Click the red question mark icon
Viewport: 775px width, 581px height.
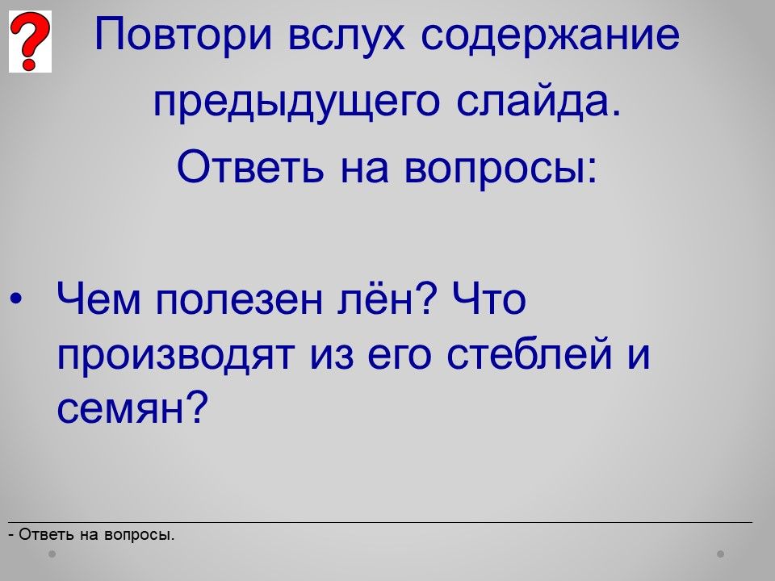(30, 42)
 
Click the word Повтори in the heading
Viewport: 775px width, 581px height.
(183, 35)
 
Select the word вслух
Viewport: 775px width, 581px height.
(346, 35)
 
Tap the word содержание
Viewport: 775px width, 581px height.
(550, 35)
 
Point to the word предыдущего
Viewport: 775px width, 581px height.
(296, 102)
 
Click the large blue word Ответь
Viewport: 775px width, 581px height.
(250, 166)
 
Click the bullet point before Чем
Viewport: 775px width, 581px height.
(16, 299)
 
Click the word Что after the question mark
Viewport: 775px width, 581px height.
(489, 298)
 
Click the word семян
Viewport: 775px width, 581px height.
(120, 409)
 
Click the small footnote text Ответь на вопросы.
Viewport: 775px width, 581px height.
(97, 534)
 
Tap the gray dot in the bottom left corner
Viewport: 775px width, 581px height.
(52, 554)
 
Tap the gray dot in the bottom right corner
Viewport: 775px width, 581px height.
(721, 554)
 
